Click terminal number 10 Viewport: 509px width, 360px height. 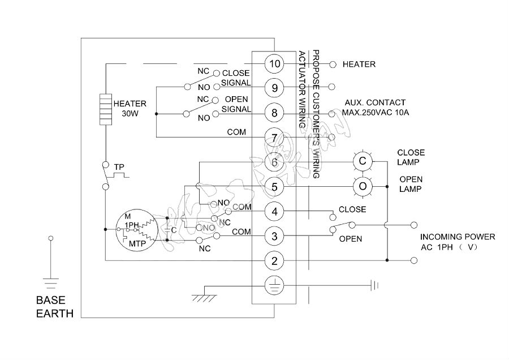point(274,64)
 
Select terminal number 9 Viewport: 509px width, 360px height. point(274,88)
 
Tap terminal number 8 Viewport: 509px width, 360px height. point(274,113)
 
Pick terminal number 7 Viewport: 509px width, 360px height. point(274,138)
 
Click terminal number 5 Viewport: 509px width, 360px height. point(274,187)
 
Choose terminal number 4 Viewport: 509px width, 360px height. point(274,212)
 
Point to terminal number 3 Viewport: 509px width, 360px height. point(274,236)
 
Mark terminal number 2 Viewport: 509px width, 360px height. point(274,261)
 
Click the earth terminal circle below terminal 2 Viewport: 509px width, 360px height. point(274,286)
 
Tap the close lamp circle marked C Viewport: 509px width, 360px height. point(363,162)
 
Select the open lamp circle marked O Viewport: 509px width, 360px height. point(363,186)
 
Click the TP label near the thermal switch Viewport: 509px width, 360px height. point(119,167)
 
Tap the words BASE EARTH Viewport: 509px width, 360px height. point(54,306)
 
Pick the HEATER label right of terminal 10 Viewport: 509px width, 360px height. point(359,65)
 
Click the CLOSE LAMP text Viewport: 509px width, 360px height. point(411,157)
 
